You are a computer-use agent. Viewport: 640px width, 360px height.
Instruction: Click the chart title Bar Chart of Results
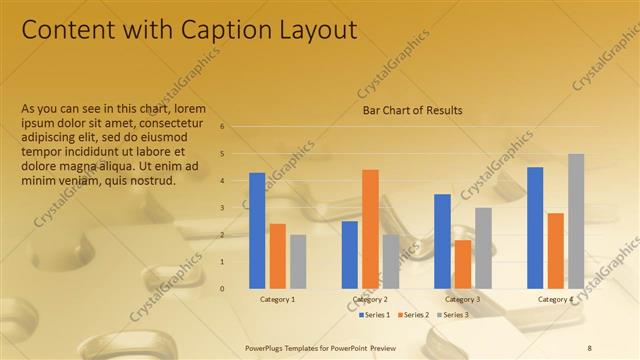(412, 110)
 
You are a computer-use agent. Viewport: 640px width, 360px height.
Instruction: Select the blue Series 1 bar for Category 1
(257, 230)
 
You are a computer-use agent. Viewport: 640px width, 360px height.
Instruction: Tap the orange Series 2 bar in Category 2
(370, 228)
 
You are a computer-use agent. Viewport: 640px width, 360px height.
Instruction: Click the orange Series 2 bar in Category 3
(462, 264)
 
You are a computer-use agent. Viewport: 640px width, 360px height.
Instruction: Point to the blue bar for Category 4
(535, 227)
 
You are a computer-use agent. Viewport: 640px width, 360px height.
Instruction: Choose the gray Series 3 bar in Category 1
(298, 261)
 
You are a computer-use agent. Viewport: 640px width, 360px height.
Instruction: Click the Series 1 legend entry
(375, 315)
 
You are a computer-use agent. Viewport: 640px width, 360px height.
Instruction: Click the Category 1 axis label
(277, 299)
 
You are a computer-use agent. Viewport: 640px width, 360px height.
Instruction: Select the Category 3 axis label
(462, 299)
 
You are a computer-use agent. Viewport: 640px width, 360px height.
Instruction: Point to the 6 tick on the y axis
(237, 127)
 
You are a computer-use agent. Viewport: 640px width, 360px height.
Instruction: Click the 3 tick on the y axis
(237, 208)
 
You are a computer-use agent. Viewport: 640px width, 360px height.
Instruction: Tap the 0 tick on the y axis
(237, 288)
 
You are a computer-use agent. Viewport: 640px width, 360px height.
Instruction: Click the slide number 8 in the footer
(590, 346)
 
